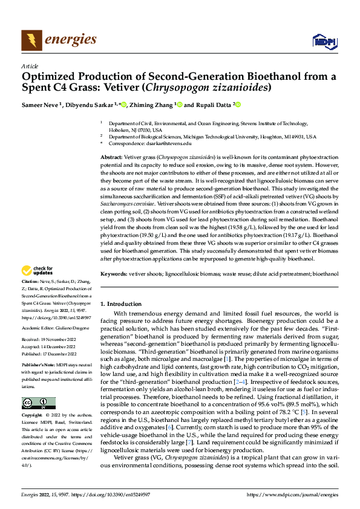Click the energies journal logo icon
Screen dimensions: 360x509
tap(31, 40)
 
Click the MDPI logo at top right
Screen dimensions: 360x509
tap(322, 41)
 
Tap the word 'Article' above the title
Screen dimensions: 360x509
tap(30, 66)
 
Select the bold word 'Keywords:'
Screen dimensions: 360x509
tap(116, 274)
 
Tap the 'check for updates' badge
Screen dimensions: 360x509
tap(38, 271)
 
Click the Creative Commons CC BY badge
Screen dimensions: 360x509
tap(38, 403)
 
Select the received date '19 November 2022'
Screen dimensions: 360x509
tap(61, 340)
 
